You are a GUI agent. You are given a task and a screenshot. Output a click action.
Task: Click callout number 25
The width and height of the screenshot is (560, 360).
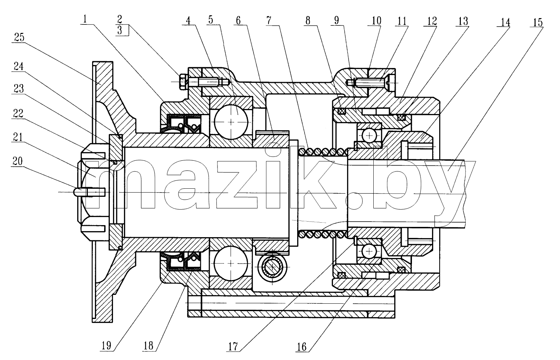[x=19, y=38]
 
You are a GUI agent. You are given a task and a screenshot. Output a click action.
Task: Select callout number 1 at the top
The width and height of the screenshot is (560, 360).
[x=85, y=19]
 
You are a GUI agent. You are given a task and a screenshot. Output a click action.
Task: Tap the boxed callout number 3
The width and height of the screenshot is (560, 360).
[x=120, y=30]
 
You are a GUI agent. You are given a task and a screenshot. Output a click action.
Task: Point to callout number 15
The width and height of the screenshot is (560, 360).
[x=538, y=23]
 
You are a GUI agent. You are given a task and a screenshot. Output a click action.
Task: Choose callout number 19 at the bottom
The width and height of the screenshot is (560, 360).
[x=106, y=346]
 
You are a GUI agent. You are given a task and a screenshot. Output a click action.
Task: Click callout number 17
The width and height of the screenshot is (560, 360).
[x=233, y=347]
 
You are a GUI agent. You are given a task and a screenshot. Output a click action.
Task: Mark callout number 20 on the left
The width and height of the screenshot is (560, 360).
[x=17, y=161]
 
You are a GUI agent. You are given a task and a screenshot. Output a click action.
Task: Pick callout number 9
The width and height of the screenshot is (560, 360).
[x=336, y=20]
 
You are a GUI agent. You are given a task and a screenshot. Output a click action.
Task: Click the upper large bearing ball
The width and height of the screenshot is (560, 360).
[x=231, y=122]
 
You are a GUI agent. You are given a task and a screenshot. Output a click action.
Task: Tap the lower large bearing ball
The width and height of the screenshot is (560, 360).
[x=231, y=263]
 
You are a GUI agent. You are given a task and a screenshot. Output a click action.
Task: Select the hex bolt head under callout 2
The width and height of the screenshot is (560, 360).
[x=183, y=82]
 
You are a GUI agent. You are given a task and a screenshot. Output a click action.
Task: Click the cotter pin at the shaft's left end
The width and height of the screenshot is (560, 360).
[x=89, y=192]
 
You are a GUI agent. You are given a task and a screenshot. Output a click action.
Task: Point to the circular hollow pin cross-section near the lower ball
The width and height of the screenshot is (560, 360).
[x=272, y=267]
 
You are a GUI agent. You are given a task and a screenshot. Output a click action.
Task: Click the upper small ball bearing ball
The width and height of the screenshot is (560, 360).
[x=369, y=136]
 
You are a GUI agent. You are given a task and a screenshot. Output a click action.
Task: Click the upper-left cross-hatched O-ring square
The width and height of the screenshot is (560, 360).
[x=342, y=111]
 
